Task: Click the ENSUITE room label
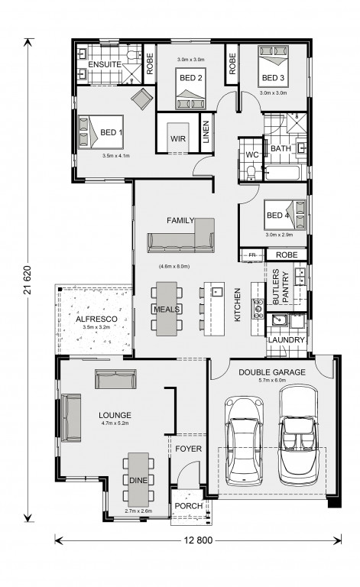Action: coord(105,64)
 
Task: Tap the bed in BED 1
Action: coord(101,131)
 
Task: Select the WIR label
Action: coord(178,138)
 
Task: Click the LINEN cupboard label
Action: coord(206,132)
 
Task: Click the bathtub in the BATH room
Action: coord(282,173)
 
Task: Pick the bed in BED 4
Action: coord(285,215)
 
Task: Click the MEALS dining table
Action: coord(167,309)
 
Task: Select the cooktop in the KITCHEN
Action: coord(258,309)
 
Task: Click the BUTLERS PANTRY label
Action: coord(281,287)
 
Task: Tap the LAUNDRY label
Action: coord(287,340)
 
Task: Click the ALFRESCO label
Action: coord(96,319)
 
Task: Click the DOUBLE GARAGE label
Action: coord(272,372)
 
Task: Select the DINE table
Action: coord(138,479)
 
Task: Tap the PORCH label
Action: coord(189,506)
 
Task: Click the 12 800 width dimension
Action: coord(198,540)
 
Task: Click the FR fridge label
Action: coord(252,255)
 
